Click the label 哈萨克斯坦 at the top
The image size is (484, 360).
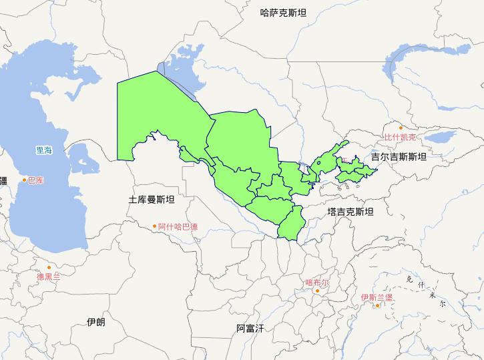coord(283,12)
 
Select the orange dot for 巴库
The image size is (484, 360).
coord(25,180)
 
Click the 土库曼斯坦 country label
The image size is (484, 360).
coord(152,199)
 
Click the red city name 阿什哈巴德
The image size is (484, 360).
coord(178,226)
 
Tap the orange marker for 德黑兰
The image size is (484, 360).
coord(48,267)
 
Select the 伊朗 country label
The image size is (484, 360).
coord(95,321)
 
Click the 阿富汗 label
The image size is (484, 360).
coord(250,328)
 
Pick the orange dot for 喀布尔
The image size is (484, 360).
coord(316,290)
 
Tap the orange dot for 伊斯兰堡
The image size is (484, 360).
coord(378,305)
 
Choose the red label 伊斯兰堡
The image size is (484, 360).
coord(377,297)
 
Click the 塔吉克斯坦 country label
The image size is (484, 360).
coord(350,211)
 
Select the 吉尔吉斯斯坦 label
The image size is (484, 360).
coord(399,156)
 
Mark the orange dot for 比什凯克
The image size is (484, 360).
coord(400,128)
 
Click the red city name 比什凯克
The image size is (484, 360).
coord(399,137)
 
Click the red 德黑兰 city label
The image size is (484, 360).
coord(48,275)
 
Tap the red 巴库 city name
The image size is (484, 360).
coord(35,180)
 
